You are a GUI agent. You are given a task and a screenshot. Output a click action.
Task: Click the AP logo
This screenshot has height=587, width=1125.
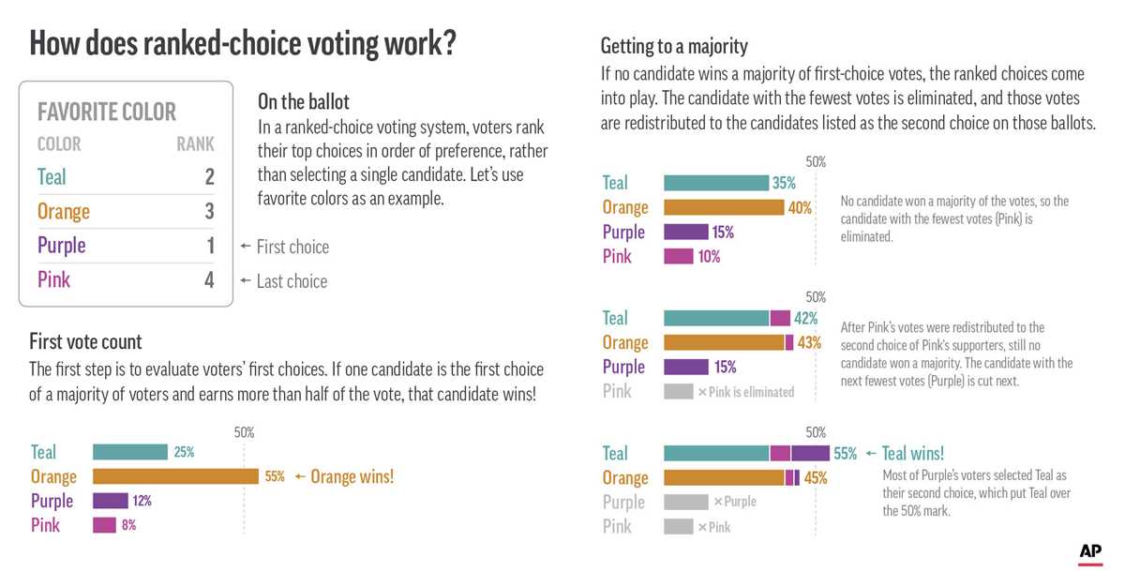(1089, 553)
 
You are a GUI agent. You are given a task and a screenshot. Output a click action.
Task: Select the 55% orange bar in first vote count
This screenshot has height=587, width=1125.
(175, 476)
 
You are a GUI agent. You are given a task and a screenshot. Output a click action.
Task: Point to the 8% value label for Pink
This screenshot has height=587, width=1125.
(128, 525)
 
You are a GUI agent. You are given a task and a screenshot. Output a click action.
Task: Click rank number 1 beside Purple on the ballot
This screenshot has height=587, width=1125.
(210, 246)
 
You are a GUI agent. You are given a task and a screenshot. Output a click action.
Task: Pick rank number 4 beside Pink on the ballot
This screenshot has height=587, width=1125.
(210, 279)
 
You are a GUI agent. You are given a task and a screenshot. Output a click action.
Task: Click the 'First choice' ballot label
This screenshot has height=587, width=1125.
(292, 247)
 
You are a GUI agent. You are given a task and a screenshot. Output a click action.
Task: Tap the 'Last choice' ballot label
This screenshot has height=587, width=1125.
(292, 281)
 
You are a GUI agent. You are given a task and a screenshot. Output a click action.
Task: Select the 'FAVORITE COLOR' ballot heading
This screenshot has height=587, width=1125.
(107, 113)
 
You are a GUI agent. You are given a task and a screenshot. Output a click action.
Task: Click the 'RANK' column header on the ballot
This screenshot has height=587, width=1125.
(195, 144)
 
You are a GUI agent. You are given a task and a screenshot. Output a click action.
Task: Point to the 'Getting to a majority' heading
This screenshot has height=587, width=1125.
(674, 46)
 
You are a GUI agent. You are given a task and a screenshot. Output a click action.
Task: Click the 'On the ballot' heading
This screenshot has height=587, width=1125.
(303, 101)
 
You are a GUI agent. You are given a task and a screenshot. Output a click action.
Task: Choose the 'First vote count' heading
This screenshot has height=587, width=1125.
(85, 341)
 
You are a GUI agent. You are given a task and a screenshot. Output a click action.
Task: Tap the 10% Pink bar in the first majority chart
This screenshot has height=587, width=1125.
(679, 256)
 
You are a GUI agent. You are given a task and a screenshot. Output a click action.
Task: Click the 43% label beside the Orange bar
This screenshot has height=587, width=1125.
(809, 342)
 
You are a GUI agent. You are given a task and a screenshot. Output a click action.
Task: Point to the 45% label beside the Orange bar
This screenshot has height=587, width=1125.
(816, 478)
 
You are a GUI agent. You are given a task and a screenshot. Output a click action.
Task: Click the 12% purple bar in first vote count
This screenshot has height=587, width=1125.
(111, 501)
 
